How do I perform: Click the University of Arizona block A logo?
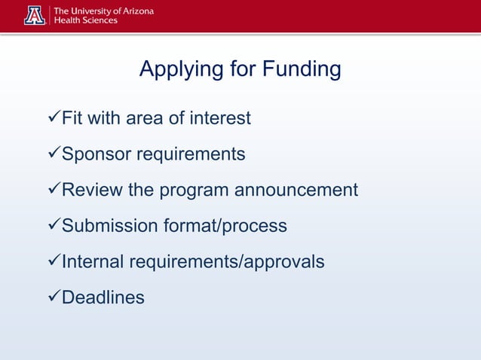point(35,16)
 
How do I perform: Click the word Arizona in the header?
point(135,11)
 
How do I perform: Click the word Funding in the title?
point(301,71)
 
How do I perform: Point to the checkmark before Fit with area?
point(53,119)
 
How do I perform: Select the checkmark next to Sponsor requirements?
point(53,154)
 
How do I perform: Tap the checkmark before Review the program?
point(53,190)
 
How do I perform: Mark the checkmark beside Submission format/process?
point(53,226)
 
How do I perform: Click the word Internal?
point(93,261)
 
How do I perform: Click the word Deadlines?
point(103,297)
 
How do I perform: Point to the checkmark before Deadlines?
point(53,297)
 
